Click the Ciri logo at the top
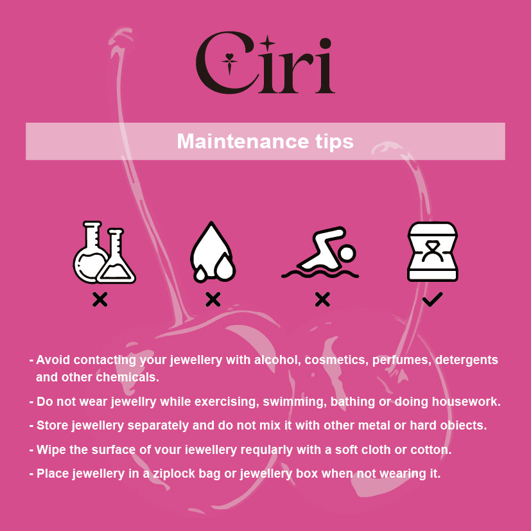point(265,63)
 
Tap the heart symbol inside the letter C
point(229,57)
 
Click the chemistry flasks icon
point(104,252)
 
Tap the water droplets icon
point(213,252)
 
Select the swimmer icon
point(320,252)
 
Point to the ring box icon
point(433,252)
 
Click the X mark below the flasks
point(100,299)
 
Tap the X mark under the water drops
point(213,299)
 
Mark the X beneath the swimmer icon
point(322,299)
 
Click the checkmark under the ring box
point(433,299)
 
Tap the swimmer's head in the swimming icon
point(347,254)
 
